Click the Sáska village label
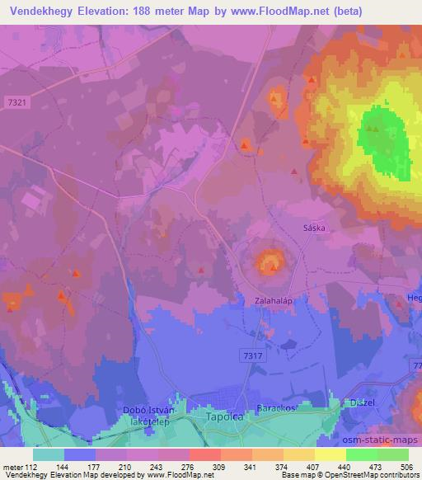315,228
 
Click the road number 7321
16,101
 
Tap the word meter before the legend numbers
12,466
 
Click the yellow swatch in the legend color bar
331,454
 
